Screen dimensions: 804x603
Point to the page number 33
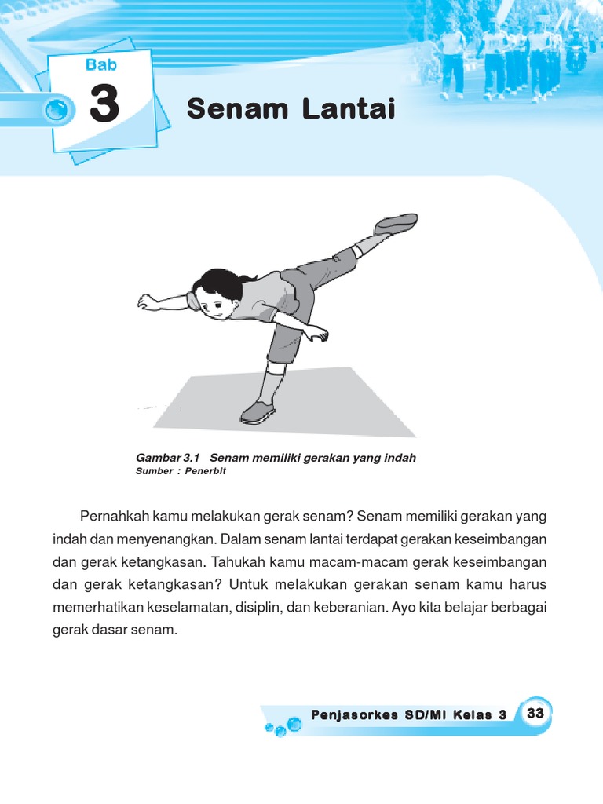coord(535,713)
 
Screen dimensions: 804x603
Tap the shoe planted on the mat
coord(258,411)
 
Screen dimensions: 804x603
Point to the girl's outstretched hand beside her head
coord(147,302)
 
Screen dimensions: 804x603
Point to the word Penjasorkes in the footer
coord(346,714)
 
